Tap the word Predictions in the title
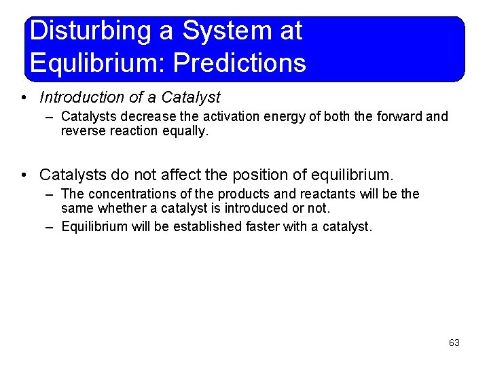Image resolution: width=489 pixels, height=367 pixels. click(240, 63)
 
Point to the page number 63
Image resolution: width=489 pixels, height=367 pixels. click(454, 343)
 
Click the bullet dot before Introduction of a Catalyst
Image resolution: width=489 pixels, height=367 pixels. click(24, 98)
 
